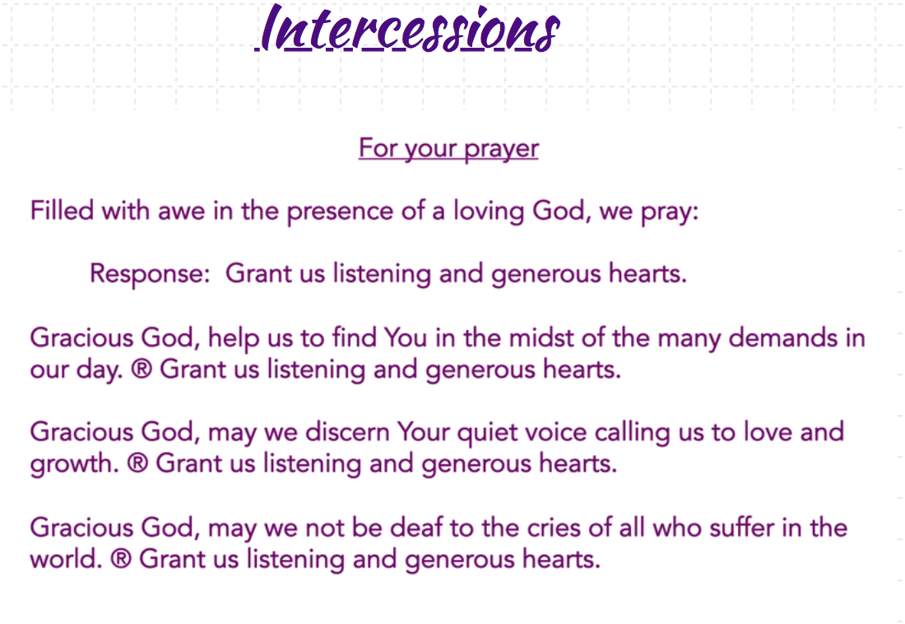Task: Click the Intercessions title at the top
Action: (407, 28)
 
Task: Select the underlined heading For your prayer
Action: (448, 148)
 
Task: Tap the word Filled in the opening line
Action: (62, 210)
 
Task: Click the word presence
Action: (340, 212)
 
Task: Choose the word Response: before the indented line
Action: (150, 274)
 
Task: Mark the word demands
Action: (782, 338)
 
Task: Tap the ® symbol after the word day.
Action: (142, 369)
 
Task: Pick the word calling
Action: (632, 433)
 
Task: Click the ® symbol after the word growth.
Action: (137, 463)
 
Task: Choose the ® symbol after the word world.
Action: (121, 559)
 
